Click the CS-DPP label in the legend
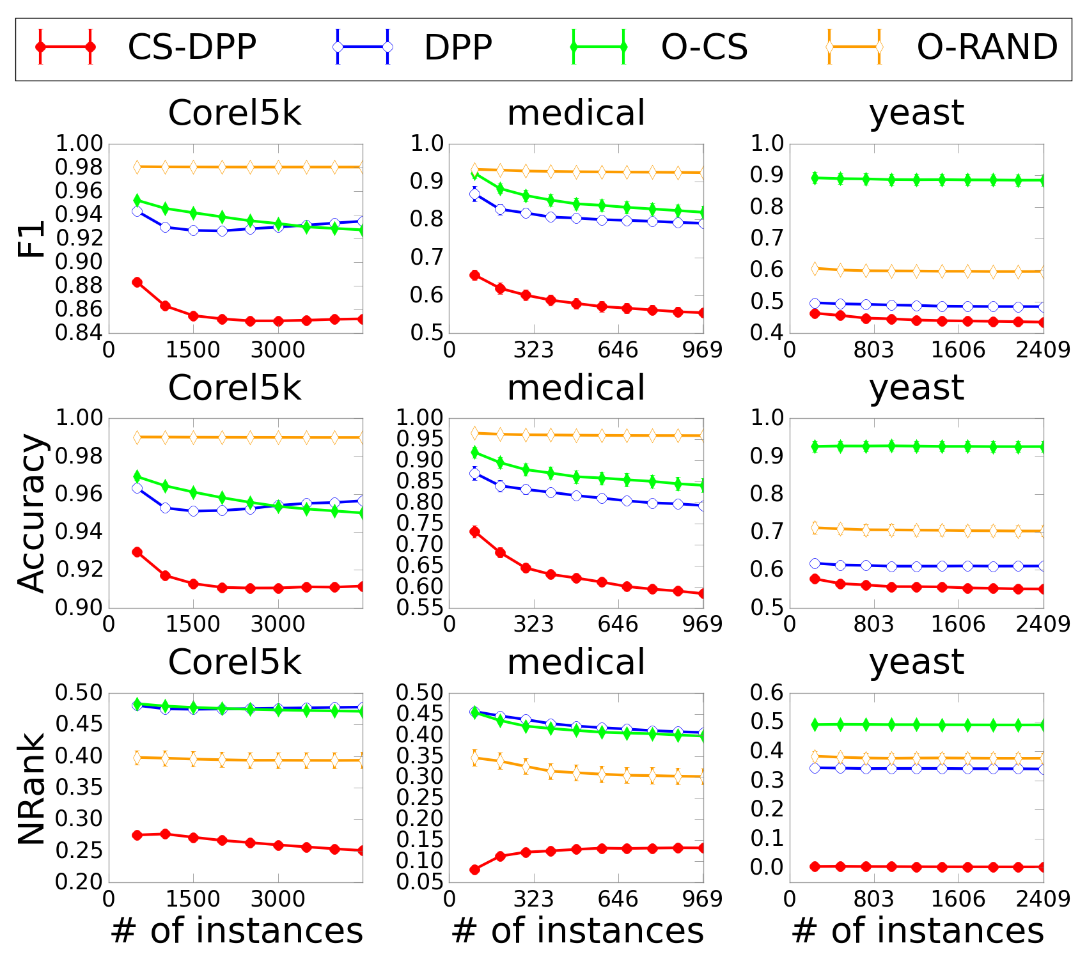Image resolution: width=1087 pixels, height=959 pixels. pos(192,47)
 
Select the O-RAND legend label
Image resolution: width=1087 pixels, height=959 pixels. pos(987,47)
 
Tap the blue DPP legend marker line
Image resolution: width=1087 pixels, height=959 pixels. pos(362,47)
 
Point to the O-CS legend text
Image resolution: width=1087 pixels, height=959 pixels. pos(704,47)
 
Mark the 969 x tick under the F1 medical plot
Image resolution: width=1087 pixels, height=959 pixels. pos(701,350)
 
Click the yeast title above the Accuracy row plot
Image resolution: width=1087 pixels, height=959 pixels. pos(916,388)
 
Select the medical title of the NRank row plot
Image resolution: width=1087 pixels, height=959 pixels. pos(576,662)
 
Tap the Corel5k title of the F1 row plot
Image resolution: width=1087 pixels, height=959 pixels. pos(235,113)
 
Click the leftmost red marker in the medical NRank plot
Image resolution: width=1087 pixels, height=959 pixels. pos(474,869)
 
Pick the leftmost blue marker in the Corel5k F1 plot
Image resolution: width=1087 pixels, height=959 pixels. pos(137,211)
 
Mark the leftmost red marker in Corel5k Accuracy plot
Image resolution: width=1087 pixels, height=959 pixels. pos(137,552)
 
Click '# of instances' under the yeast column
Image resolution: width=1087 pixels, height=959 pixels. pos(917,931)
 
